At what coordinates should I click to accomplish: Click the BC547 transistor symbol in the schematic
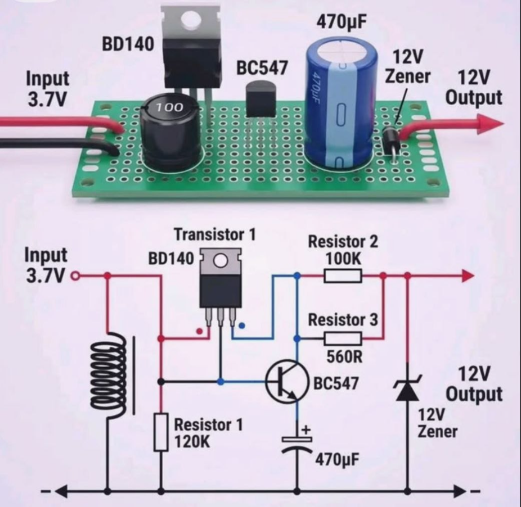(286, 381)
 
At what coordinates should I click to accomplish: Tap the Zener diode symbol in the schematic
(407, 388)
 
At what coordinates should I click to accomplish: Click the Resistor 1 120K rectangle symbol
(161, 432)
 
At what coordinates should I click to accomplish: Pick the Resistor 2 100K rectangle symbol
(343, 276)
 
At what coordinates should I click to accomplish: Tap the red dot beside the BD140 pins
(199, 331)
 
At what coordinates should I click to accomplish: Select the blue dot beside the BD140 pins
(242, 325)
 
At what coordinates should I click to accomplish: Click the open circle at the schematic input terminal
(76, 276)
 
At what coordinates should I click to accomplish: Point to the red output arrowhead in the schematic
(468, 276)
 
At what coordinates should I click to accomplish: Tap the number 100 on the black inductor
(169, 107)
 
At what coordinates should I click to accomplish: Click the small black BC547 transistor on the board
(261, 100)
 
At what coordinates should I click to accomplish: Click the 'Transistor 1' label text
(215, 234)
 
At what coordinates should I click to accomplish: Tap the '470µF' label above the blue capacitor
(342, 22)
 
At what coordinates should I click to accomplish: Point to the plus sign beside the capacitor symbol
(306, 430)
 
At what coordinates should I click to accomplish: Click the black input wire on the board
(60, 146)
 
